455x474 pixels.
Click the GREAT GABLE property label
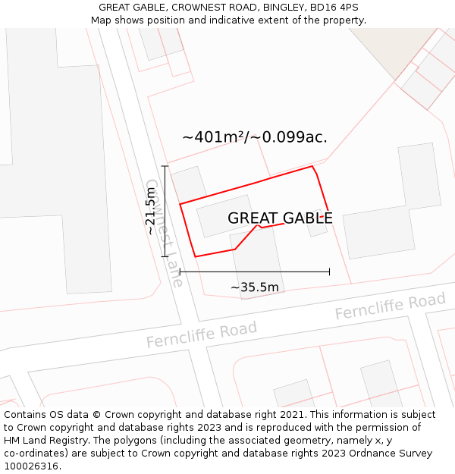coord(280,218)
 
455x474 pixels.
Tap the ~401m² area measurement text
coord(255,137)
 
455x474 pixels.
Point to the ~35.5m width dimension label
coord(255,287)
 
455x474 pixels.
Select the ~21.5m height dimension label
coord(152,212)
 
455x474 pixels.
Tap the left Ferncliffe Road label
coord(202,334)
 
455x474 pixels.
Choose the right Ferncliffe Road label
coord(390,306)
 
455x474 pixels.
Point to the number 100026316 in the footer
coord(30,466)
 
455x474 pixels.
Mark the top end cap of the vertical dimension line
coord(165,166)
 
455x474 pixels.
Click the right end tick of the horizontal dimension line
coord(329,272)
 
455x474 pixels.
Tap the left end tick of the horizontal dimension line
coord(180,272)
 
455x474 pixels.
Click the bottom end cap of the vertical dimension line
coord(165,257)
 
